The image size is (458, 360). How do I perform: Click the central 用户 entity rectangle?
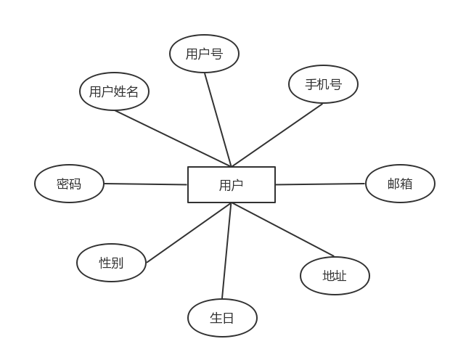(x=232, y=184)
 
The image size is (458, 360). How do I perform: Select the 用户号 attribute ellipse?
(x=204, y=54)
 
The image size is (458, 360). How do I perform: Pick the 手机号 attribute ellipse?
(x=323, y=84)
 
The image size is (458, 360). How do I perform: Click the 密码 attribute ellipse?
(x=69, y=184)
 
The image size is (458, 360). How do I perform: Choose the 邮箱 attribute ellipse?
(x=400, y=184)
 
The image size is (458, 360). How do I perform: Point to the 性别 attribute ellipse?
(x=111, y=263)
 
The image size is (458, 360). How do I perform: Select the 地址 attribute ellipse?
(x=335, y=276)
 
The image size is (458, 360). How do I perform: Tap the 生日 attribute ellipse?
(x=222, y=318)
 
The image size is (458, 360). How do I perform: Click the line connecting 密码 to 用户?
(x=145, y=184)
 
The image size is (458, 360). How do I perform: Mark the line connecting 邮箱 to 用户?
(x=319, y=184)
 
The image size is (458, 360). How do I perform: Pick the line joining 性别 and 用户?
(x=189, y=232)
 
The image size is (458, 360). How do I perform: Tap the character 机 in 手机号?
(x=323, y=84)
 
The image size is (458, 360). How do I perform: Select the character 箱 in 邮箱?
(x=406, y=184)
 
